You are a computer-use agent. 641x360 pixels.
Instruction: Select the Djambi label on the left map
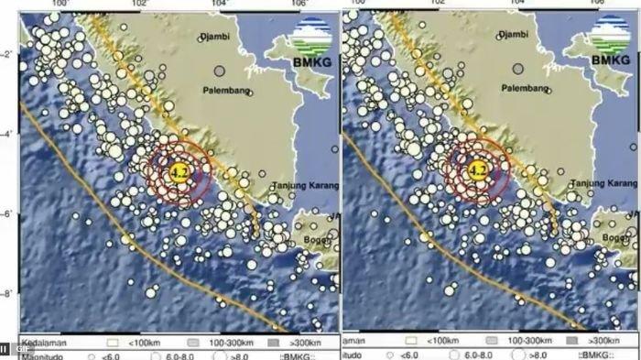[216, 38]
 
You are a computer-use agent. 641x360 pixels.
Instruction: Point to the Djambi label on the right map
[516, 38]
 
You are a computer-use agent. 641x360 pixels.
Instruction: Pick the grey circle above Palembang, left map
[219, 70]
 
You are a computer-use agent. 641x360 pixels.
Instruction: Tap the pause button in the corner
[5, 350]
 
